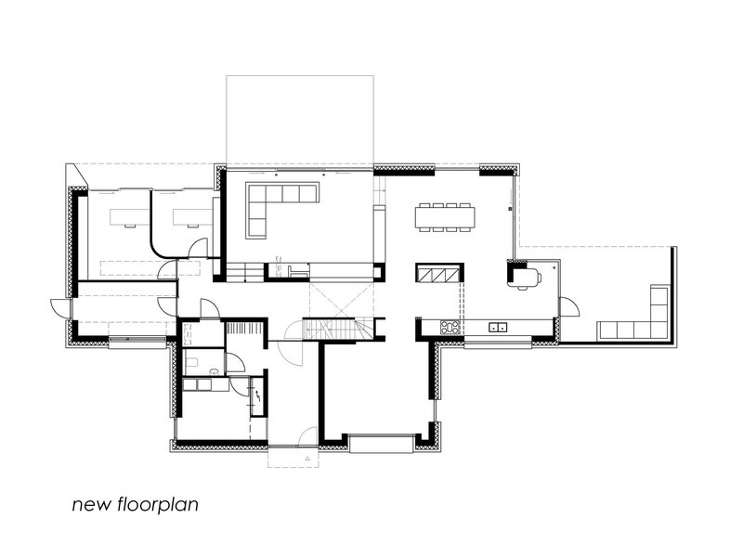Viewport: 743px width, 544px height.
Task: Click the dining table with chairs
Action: click(x=445, y=216)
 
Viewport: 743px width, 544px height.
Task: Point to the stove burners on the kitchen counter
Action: click(x=450, y=327)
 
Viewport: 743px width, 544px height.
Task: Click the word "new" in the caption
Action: click(x=91, y=506)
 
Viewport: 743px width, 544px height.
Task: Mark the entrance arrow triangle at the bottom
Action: click(x=305, y=458)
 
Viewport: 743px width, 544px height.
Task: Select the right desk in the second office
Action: click(x=189, y=216)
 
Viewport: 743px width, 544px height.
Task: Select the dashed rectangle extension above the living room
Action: click(x=299, y=121)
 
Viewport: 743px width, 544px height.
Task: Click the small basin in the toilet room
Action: click(x=214, y=372)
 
